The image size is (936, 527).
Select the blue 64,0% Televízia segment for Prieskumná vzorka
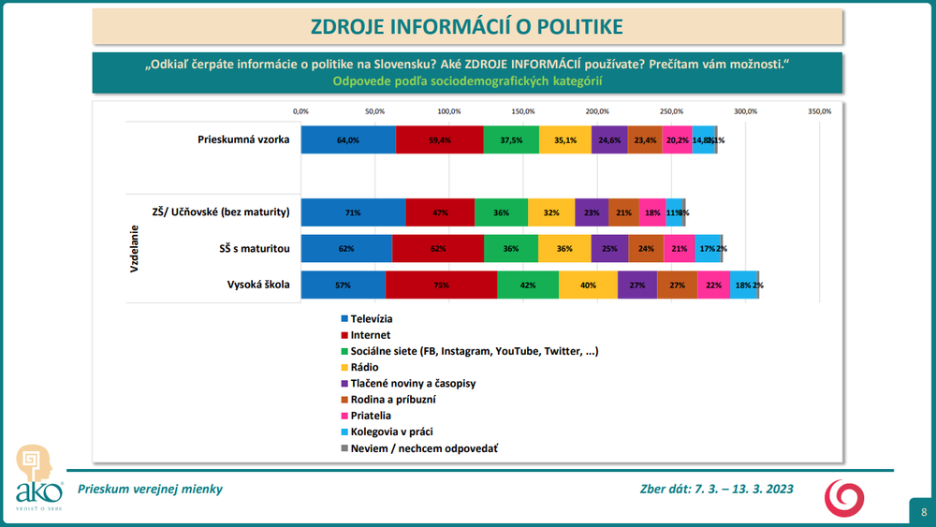coord(348,139)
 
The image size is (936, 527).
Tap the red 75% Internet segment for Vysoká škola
coord(441,285)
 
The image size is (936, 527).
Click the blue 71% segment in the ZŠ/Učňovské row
coord(353,212)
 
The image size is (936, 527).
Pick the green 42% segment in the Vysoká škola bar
coord(528,285)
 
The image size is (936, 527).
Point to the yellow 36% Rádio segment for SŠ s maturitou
coord(564,249)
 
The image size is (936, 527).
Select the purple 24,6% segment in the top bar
coord(609,139)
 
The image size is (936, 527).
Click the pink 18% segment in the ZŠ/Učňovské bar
coord(652,212)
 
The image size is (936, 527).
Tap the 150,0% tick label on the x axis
coord(523,111)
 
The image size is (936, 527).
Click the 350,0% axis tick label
coord(819,111)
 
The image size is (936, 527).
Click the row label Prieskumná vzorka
coord(243,139)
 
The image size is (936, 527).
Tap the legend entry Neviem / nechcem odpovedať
coord(423,448)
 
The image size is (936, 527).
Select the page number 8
coord(923,512)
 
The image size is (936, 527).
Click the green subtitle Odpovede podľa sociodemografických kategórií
coord(466,81)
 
